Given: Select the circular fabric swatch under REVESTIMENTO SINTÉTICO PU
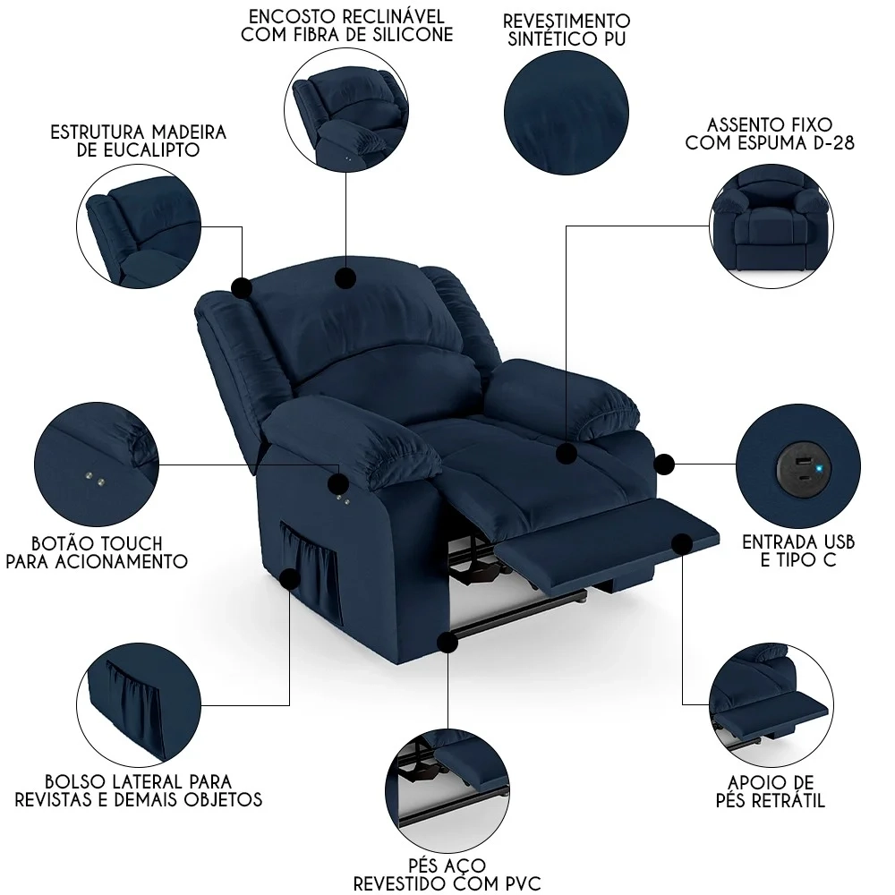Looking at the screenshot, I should (x=565, y=112).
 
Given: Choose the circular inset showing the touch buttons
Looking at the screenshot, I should (x=94, y=464).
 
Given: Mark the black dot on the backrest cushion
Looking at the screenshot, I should (x=345, y=277).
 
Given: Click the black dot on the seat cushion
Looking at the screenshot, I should (x=565, y=454).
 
